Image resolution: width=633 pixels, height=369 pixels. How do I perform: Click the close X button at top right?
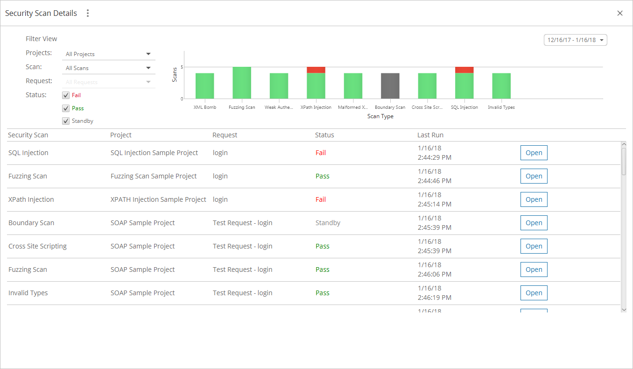tap(620, 13)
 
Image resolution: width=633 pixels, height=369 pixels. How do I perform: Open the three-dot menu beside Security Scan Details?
tap(87, 13)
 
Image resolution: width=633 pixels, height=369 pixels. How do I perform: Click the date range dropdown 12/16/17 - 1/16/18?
tap(575, 40)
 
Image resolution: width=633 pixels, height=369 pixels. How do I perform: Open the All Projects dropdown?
tap(108, 54)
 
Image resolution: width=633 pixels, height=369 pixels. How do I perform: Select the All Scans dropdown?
tap(108, 68)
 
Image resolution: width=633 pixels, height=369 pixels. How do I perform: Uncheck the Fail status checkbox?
tap(66, 95)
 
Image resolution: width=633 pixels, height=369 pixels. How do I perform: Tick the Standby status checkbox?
tap(66, 121)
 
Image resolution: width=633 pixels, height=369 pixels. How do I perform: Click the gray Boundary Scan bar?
tap(390, 86)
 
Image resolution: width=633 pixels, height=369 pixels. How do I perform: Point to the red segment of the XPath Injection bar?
tap(316, 70)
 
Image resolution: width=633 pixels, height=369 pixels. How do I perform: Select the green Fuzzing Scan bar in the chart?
tap(242, 83)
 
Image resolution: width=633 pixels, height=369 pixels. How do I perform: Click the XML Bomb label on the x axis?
tap(205, 107)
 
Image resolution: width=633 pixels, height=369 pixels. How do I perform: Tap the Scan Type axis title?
tap(380, 116)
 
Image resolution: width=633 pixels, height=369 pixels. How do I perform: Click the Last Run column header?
tap(430, 135)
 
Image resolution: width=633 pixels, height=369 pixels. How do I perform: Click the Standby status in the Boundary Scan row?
tap(328, 223)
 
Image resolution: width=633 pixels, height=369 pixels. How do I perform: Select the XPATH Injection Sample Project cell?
tap(158, 199)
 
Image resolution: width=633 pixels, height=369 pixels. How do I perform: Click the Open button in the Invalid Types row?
tap(534, 293)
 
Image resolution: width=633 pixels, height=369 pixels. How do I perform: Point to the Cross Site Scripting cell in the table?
tap(37, 246)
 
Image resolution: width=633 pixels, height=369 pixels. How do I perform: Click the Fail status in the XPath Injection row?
tap(321, 199)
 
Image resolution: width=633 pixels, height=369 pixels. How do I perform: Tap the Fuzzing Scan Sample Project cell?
tap(154, 176)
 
